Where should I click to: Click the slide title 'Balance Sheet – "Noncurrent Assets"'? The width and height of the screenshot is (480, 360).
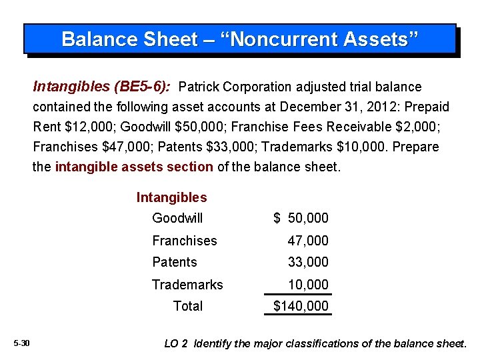240,39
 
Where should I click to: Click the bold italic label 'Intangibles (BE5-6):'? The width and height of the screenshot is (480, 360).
101,87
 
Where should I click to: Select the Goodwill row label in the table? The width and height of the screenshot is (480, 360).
177,218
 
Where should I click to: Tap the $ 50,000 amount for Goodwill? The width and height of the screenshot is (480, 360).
301,219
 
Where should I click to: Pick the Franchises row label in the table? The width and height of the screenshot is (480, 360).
185,241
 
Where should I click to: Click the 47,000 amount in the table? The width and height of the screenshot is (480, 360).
308,241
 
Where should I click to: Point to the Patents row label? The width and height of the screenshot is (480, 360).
175,262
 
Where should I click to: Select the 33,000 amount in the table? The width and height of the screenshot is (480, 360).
308,262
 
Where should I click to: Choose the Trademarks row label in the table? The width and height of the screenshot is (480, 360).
187,285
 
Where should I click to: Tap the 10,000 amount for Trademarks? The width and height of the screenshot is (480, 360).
308,285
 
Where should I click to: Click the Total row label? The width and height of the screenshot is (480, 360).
188,306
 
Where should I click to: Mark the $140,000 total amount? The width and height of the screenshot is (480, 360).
301,306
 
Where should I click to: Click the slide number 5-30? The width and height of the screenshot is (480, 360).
21,343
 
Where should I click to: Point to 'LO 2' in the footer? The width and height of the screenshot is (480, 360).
177,344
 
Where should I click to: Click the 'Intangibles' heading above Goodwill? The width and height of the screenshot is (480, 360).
171,197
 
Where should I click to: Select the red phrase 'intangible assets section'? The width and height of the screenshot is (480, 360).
133,167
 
